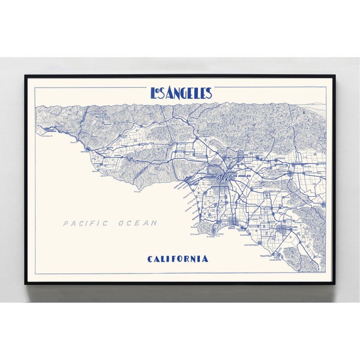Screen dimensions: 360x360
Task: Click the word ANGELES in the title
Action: pos(188,93)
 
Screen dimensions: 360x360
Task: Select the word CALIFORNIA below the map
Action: pos(178,259)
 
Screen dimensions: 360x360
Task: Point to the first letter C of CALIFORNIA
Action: pos(150,259)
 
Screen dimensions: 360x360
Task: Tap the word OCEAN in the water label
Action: pos(138,223)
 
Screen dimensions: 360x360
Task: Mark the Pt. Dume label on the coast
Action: pos(136,192)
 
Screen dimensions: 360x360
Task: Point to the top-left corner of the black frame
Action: pos(25,76)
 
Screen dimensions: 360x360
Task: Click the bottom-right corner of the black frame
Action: pos(334,283)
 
